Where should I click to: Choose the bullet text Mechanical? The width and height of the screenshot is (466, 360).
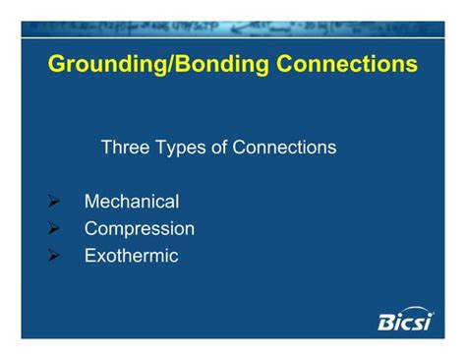pos(132,202)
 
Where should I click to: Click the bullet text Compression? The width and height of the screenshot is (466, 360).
pos(140,229)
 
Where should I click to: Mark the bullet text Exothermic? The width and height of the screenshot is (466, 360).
pos(132,256)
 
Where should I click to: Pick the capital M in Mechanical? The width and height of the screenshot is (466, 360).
pos(91,202)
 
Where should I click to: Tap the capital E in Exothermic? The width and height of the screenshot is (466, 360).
pos(90,256)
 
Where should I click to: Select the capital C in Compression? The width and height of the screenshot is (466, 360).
pos(91,229)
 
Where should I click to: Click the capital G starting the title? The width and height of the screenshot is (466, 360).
pos(57,66)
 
